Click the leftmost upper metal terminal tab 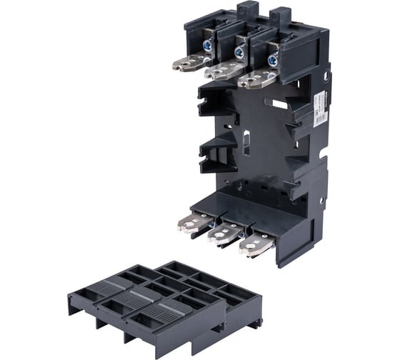[x=190, y=64]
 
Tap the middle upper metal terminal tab [x=222, y=71]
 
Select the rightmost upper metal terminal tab [x=255, y=78]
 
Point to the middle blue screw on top [x=241, y=52]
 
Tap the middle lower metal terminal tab [x=225, y=232]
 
